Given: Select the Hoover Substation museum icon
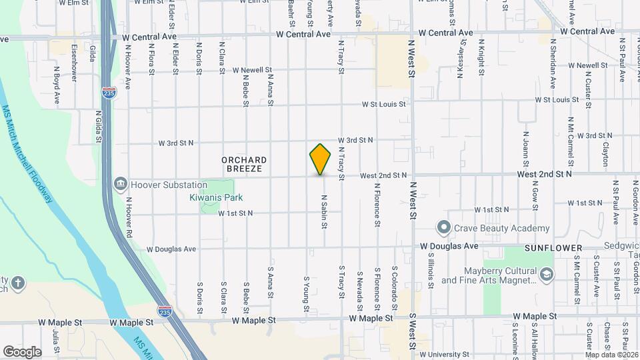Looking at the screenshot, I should point(121,183).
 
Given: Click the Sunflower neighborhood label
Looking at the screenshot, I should point(553,248).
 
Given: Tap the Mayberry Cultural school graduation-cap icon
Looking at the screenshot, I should point(547,275).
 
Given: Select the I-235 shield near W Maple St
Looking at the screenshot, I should point(165,311).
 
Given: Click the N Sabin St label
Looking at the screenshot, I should point(324,212).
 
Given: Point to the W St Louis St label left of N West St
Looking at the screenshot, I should point(384,104).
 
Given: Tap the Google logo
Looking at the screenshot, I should point(22,351).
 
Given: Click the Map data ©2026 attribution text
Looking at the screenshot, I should point(611,354).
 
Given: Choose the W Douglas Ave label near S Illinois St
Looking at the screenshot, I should point(449,246).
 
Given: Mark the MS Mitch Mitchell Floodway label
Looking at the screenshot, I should point(28,154).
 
